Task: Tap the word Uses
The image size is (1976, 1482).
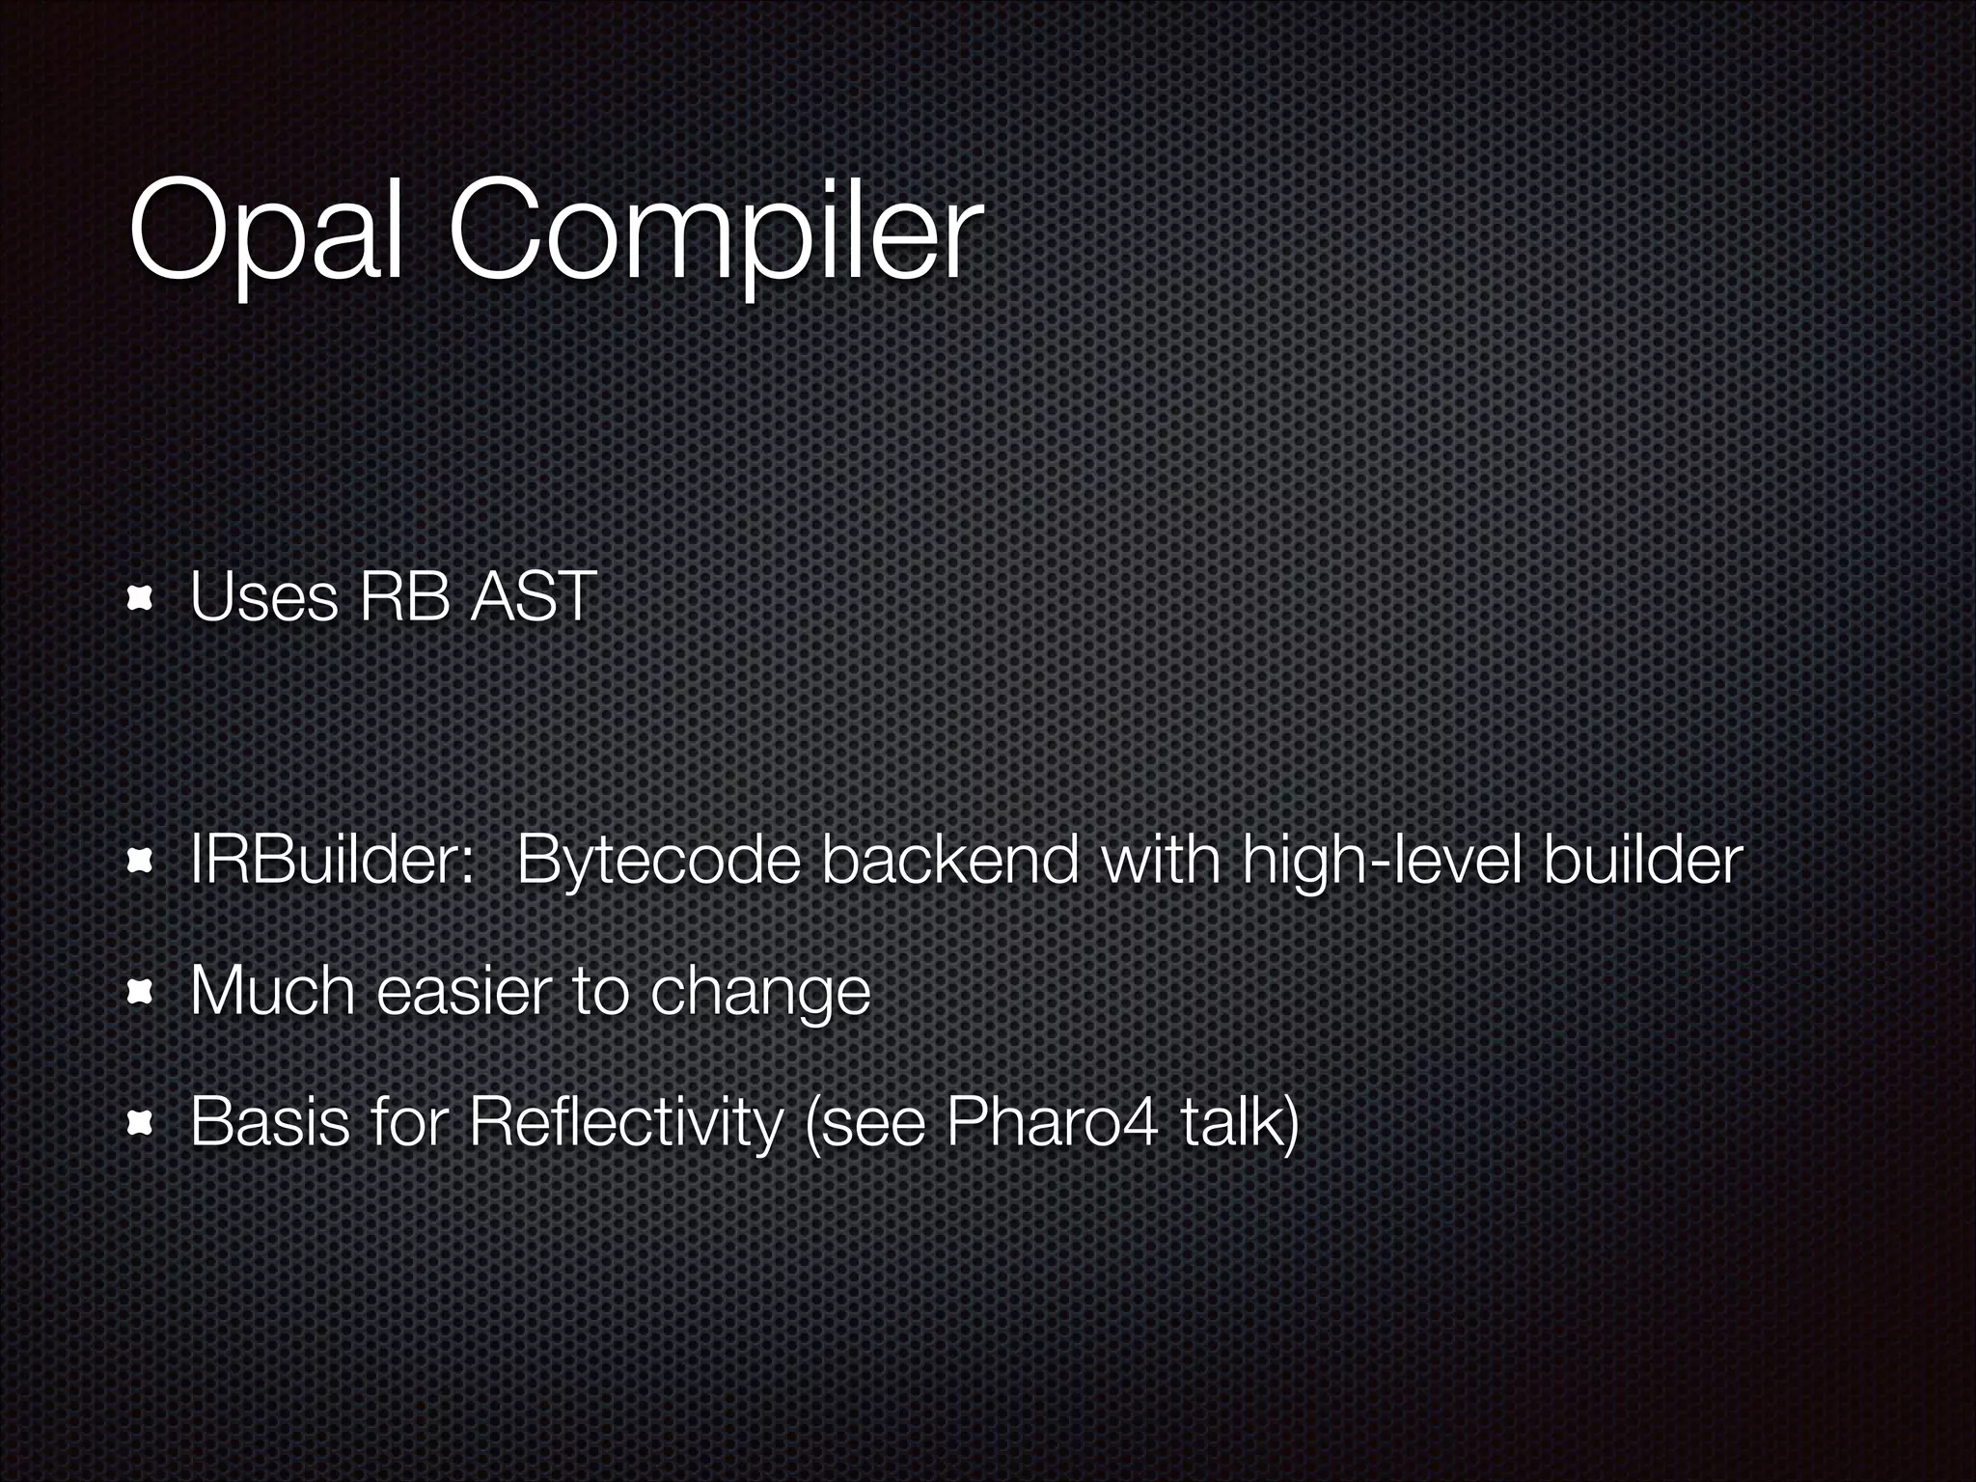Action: [263, 597]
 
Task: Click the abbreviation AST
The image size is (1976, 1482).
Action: [534, 597]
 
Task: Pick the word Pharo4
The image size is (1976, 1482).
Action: [1050, 1122]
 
